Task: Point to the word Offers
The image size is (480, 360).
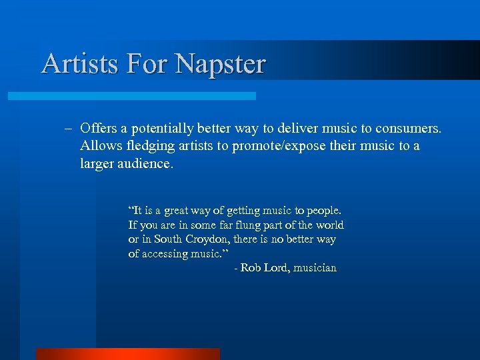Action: coord(98,127)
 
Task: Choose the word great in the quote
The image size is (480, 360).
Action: coord(176,211)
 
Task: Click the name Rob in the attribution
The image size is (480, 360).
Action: coord(250,268)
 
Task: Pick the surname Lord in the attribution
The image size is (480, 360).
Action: coord(277,268)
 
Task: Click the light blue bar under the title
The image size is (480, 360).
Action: coord(131,96)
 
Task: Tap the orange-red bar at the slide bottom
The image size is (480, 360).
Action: coord(127,354)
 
